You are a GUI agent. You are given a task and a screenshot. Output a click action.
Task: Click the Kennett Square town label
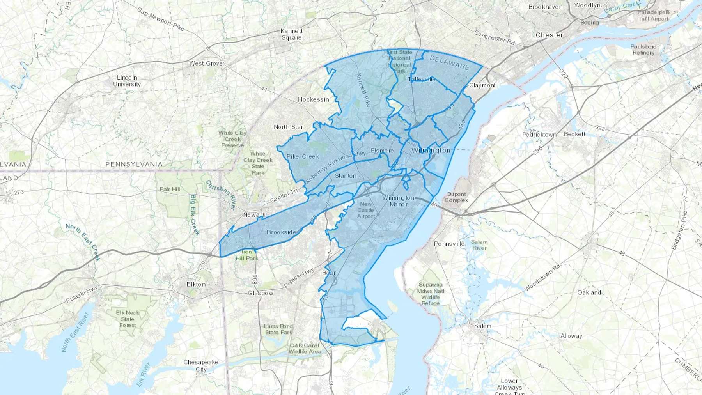291,34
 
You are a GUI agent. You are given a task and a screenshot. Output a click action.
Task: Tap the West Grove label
206,63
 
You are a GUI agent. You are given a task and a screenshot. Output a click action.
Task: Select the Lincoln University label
127,81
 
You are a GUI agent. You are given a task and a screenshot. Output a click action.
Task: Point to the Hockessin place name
313,99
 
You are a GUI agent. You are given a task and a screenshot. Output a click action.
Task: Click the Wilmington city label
431,150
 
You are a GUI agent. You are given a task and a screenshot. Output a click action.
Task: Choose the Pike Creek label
303,156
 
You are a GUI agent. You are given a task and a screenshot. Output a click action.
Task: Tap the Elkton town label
196,284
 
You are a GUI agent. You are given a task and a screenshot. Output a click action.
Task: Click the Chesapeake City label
201,366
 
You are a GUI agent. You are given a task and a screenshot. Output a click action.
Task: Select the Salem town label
482,326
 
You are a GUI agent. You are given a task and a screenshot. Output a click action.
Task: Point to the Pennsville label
449,244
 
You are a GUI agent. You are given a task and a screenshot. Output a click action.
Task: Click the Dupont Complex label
456,197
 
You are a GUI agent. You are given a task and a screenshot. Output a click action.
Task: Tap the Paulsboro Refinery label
643,50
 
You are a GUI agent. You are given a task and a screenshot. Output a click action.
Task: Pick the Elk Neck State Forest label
128,319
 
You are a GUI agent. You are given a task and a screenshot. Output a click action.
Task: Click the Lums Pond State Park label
278,329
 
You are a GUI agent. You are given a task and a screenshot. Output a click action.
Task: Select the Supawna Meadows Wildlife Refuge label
431,294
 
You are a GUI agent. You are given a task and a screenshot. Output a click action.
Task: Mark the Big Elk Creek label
195,215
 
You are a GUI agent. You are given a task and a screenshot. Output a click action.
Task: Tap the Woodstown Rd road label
542,278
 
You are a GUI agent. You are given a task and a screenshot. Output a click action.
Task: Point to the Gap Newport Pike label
160,19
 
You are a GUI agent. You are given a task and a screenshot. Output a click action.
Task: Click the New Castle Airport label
366,210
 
